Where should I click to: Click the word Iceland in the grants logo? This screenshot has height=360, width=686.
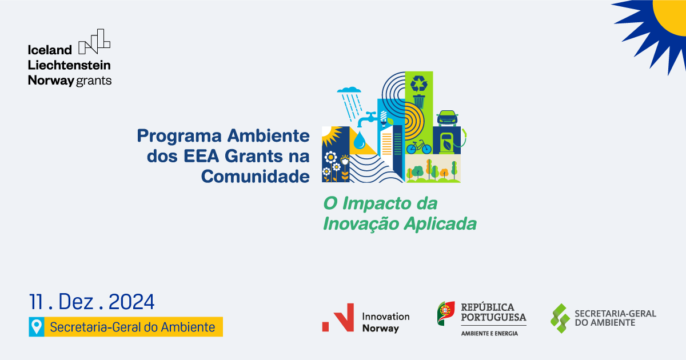pyautogui.click(x=50, y=50)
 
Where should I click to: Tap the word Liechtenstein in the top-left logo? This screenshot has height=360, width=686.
pyautogui.click(x=69, y=65)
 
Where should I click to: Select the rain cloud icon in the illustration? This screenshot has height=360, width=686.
pyautogui.click(x=349, y=91)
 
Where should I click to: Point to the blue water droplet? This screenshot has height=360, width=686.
pyautogui.click(x=360, y=141)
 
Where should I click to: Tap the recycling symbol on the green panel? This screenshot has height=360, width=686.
pyautogui.click(x=419, y=85)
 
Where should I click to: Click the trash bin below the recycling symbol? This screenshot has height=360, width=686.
pyautogui.click(x=419, y=101)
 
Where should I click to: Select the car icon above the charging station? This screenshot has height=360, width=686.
pyautogui.click(x=446, y=118)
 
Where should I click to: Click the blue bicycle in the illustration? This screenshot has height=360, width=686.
pyautogui.click(x=419, y=147)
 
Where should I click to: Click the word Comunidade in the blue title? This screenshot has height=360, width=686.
pyautogui.click(x=255, y=176)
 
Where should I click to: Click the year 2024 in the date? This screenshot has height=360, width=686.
pyautogui.click(x=131, y=302)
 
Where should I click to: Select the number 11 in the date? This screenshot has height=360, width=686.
pyautogui.click(x=38, y=302)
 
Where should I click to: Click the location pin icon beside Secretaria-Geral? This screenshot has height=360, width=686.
pyautogui.click(x=37, y=327)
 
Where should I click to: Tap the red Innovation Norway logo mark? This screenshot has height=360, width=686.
pyautogui.click(x=338, y=318)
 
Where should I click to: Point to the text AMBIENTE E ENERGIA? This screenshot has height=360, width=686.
pyautogui.click(x=489, y=333)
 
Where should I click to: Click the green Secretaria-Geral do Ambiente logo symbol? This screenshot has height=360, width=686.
pyautogui.click(x=560, y=318)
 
